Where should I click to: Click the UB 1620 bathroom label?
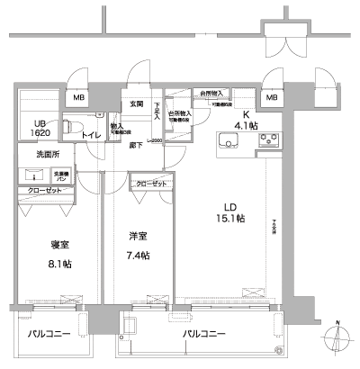point(40,127)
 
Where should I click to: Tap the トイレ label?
point(92,135)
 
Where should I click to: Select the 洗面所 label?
point(49,155)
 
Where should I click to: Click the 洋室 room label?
point(139,238)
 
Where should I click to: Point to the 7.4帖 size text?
point(139,255)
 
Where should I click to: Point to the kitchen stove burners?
point(268,140)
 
